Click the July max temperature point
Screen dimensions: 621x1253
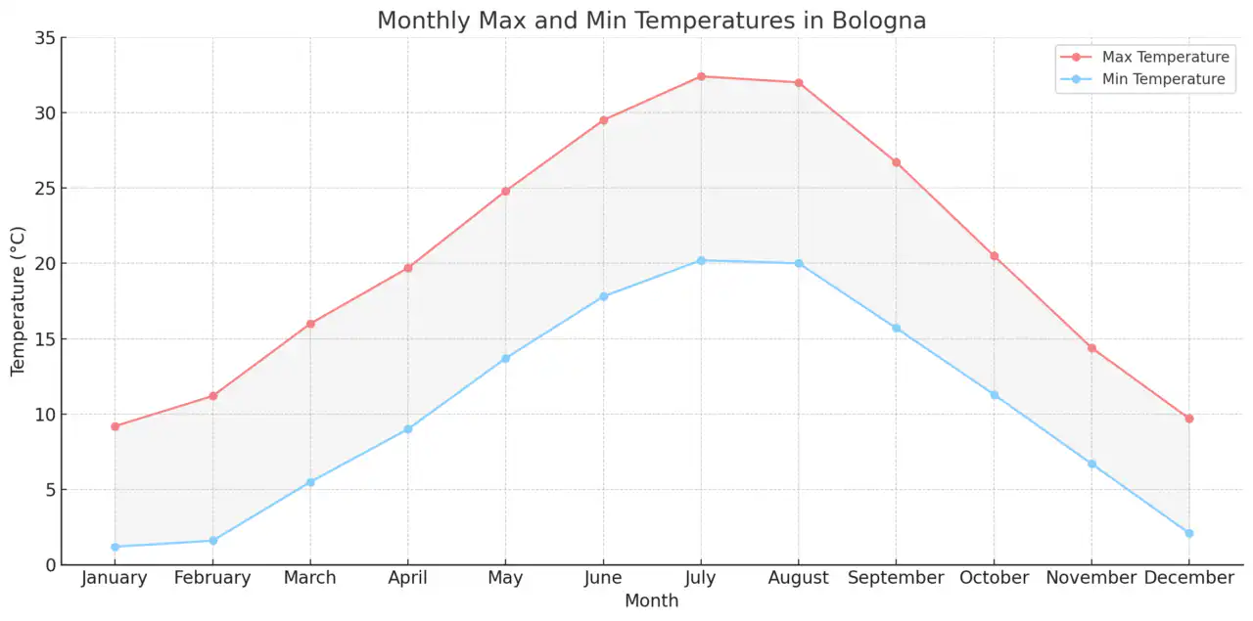pyautogui.click(x=701, y=76)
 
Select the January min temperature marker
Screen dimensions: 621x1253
pyautogui.click(x=115, y=547)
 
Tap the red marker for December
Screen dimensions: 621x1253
pyautogui.click(x=1189, y=419)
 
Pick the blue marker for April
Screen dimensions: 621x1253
pyautogui.click(x=408, y=429)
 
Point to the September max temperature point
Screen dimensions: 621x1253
pyautogui.click(x=896, y=162)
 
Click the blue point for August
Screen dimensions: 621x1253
pyautogui.click(x=799, y=263)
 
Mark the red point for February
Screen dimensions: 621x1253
pyautogui.click(x=212, y=396)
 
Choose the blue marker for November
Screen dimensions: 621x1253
pyautogui.click(x=1091, y=464)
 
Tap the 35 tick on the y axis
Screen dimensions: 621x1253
pyautogui.click(x=43, y=38)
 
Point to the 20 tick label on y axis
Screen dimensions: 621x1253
pyautogui.click(x=43, y=264)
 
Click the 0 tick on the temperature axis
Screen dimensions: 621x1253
pyautogui.click(x=49, y=565)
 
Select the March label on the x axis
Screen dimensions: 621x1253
pyautogui.click(x=310, y=578)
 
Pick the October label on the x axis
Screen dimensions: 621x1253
pyautogui.click(x=994, y=578)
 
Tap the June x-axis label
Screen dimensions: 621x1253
pyautogui.click(x=603, y=578)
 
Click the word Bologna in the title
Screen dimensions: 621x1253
pyautogui.click(x=877, y=21)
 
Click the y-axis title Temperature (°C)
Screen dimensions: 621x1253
pyautogui.click(x=19, y=301)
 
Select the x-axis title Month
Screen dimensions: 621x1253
pyautogui.click(x=651, y=600)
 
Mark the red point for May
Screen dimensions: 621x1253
pyautogui.click(x=505, y=191)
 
